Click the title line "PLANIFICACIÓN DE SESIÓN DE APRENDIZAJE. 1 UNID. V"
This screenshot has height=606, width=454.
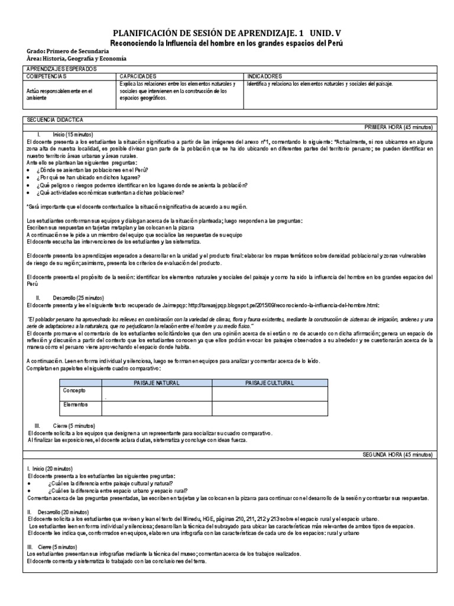(x=227, y=34)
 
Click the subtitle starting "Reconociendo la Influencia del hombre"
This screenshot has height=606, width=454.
(x=227, y=44)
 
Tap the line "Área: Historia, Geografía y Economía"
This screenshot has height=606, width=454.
(x=76, y=59)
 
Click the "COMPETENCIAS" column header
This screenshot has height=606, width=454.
(x=47, y=77)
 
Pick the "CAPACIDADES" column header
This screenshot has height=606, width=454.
(x=138, y=77)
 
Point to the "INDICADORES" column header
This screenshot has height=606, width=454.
(x=265, y=77)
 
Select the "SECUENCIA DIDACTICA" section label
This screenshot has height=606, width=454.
(x=55, y=120)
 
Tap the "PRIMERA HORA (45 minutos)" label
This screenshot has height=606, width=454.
(x=399, y=127)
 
